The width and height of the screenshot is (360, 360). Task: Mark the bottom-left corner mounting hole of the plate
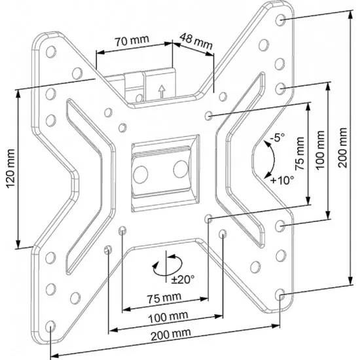point(51,324)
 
